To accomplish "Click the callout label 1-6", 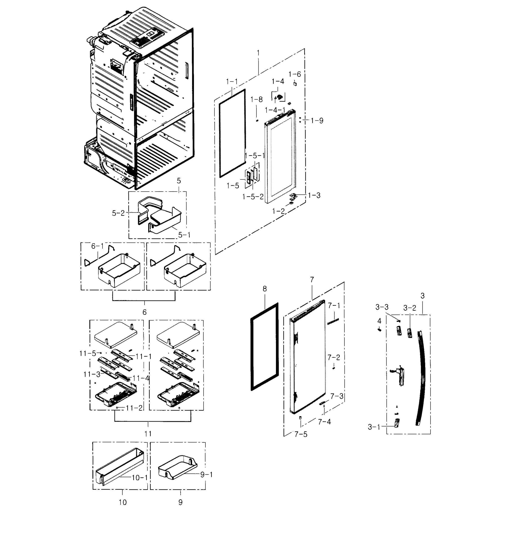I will (295, 74).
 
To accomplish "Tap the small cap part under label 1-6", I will (295, 83).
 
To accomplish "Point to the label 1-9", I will (317, 121).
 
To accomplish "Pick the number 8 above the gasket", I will (264, 289).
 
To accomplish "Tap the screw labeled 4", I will (380, 329).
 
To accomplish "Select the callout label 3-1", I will (374, 427).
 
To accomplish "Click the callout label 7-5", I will (301, 434).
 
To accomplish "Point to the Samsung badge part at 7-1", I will (333, 321).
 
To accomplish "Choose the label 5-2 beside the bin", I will (118, 213).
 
